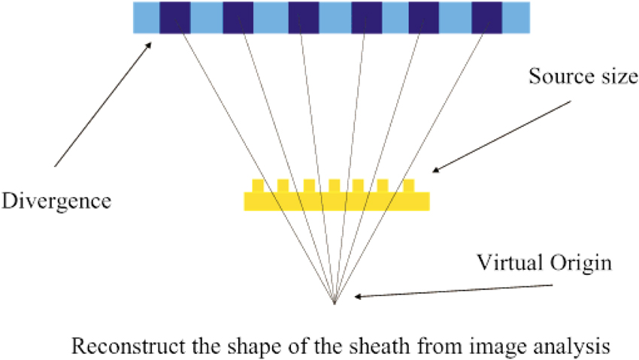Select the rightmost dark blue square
point(486,17)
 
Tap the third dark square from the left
point(303,17)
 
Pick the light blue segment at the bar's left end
point(146,17)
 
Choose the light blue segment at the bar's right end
point(516,17)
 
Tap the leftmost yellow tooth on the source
point(258,186)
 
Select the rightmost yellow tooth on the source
point(409,186)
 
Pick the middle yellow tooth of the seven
point(334,186)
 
